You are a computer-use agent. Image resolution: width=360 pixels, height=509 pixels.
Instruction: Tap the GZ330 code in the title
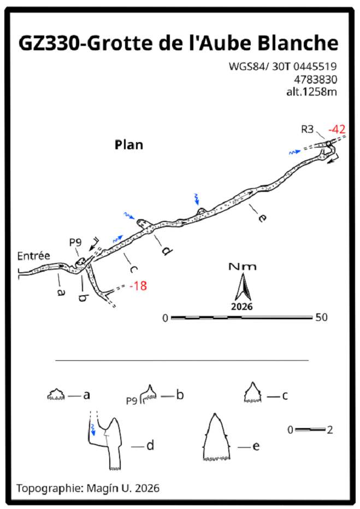point(49,43)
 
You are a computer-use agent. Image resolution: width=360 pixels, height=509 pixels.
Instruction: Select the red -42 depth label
point(337,129)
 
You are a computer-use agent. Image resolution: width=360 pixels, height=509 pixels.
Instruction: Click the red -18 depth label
point(138,286)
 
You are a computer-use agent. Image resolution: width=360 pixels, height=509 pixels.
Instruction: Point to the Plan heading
point(129,145)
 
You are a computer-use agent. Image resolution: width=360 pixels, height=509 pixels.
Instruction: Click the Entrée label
point(34,256)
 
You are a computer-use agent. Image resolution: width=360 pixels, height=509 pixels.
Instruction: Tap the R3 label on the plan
point(307,129)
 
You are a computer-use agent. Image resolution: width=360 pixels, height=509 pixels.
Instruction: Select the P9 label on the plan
point(75,242)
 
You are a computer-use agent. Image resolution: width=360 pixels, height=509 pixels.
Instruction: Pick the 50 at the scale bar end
point(321,317)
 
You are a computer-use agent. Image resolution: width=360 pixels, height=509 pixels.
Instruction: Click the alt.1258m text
point(311,92)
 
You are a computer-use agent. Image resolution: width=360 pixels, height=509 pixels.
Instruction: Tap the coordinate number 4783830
point(315,79)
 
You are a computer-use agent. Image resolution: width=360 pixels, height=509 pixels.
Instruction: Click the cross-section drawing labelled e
point(216,437)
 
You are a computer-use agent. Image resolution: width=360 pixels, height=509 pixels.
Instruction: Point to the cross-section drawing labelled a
point(56,394)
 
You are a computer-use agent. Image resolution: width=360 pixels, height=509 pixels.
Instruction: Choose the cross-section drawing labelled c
point(252,393)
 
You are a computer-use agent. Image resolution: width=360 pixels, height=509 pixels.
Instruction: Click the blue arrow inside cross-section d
point(93,430)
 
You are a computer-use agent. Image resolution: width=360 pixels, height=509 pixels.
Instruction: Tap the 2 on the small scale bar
point(330,430)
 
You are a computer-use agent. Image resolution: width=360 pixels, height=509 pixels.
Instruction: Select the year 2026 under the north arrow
point(241,306)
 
